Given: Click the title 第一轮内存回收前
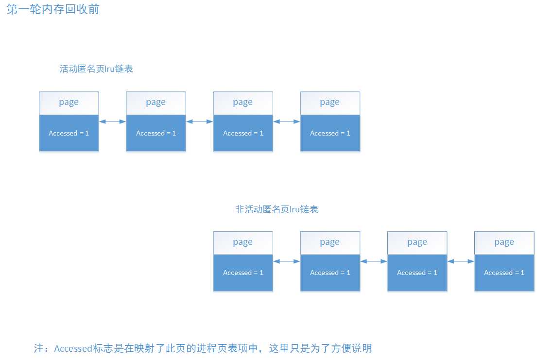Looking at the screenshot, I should tap(53, 9).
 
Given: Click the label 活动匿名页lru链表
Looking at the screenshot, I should tap(96, 69).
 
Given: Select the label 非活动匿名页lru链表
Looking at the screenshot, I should tap(277, 209).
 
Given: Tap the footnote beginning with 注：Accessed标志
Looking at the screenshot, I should tap(203, 348).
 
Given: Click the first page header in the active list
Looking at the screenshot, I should tap(69, 103).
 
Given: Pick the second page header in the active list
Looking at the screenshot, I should tap(156, 103).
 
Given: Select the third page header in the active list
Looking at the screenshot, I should tap(243, 103).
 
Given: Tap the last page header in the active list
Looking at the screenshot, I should tap(330, 103).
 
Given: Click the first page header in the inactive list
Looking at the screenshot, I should tap(243, 242).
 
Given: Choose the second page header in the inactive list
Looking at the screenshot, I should tap(330, 242).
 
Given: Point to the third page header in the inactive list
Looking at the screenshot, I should tap(417, 242).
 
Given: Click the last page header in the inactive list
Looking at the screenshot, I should tap(504, 242).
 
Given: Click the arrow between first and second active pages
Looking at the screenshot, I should tap(112, 121).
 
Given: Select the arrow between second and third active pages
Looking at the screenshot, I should tap(199, 121).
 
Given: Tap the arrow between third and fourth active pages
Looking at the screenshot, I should tap(286, 121).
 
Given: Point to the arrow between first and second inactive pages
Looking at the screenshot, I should tap(286, 261).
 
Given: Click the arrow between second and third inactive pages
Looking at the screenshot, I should tap(373, 261).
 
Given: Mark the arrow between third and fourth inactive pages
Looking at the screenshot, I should tap(460, 261).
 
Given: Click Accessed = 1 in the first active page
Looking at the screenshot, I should tap(69, 133).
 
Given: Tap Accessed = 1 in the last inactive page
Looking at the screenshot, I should tap(504, 273).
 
